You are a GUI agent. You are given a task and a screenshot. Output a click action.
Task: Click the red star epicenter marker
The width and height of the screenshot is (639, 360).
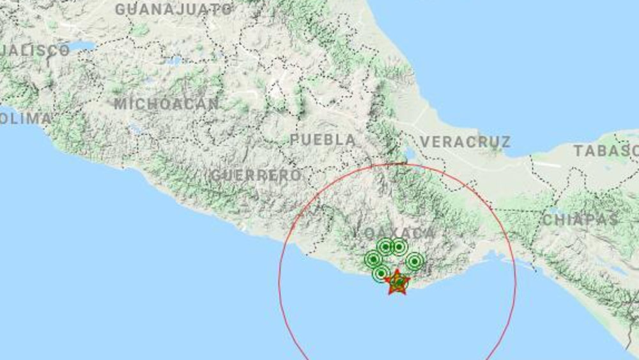(x=397, y=281)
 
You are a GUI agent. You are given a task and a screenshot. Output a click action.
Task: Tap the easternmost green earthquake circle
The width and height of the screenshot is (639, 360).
(x=414, y=261)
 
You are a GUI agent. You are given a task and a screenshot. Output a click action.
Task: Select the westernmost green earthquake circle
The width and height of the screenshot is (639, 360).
(x=373, y=259)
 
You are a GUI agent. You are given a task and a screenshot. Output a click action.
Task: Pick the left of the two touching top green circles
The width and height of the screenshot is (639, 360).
(x=385, y=246)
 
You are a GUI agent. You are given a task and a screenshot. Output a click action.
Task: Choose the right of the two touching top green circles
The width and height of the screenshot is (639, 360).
(x=399, y=246)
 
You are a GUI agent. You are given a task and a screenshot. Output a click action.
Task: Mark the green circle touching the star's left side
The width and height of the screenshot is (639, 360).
(x=381, y=274)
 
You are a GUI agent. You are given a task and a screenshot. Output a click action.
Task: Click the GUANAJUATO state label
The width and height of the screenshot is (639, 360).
(x=174, y=9)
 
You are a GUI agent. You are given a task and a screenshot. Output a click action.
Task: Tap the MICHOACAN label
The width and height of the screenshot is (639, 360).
(x=167, y=104)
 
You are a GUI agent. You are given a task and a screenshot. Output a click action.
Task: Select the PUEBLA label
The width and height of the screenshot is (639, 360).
(x=323, y=139)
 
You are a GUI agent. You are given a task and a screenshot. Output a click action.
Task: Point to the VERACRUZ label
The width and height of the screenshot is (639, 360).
(x=466, y=142)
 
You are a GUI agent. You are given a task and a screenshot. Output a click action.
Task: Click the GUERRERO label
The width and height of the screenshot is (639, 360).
(x=255, y=175)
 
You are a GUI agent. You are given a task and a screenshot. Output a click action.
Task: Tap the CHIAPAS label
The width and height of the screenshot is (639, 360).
(x=580, y=220)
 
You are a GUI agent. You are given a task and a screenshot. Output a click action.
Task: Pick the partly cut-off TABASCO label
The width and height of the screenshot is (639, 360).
(x=606, y=152)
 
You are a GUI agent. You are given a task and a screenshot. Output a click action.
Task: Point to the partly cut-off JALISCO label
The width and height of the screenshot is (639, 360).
(x=35, y=51)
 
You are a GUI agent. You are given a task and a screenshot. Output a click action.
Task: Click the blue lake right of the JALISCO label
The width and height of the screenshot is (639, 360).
(x=82, y=47)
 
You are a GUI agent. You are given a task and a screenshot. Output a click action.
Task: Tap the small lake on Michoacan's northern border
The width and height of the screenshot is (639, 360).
(x=173, y=61)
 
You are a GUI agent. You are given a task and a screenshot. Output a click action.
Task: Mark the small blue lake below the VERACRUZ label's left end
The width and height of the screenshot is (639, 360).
(x=408, y=154)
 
